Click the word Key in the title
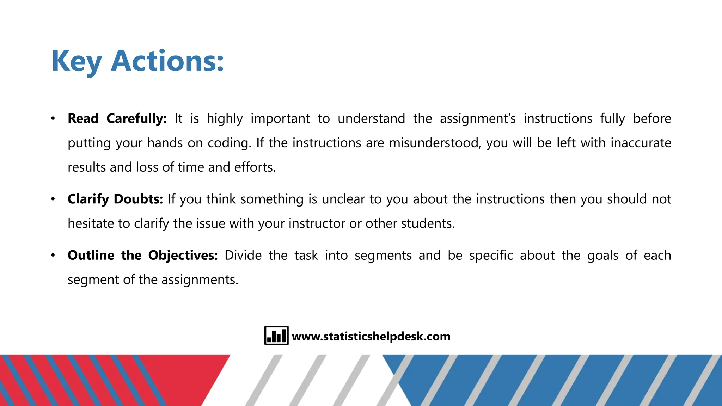pyautogui.click(x=77, y=61)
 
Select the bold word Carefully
pyautogui.click(x=136, y=118)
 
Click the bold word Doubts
pyautogui.click(x=138, y=199)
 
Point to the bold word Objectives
pyautogui.click(x=183, y=255)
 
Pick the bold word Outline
pyautogui.click(x=91, y=255)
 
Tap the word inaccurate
pyautogui.click(x=641, y=143)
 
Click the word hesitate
pyautogui.click(x=91, y=223)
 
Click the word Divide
pyautogui.click(x=243, y=255)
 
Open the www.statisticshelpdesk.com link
pyautogui.click(x=371, y=336)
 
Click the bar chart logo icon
pyautogui.click(x=276, y=336)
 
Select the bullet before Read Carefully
pyautogui.click(x=53, y=118)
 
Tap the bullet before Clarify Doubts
pyautogui.click(x=53, y=199)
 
